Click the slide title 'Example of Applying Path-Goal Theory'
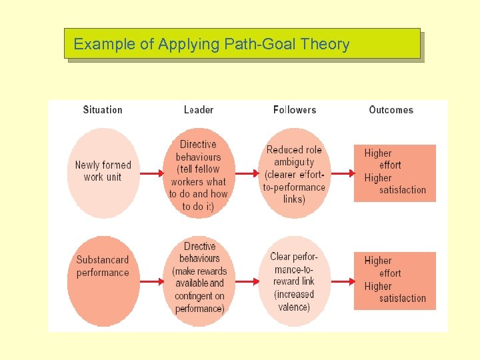click(211, 45)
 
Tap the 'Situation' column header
click(103, 110)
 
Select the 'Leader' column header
click(199, 110)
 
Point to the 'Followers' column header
click(294, 110)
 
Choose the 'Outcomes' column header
click(391, 110)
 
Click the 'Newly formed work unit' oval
click(103, 172)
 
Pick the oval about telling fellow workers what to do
click(199, 175)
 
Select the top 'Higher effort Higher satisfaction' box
click(395, 172)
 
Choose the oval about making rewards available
click(199, 278)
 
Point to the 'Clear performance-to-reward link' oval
click(294, 281)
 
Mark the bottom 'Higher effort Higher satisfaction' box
click(395, 280)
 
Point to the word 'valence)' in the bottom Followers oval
click(294, 307)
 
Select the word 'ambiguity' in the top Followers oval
click(294, 162)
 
